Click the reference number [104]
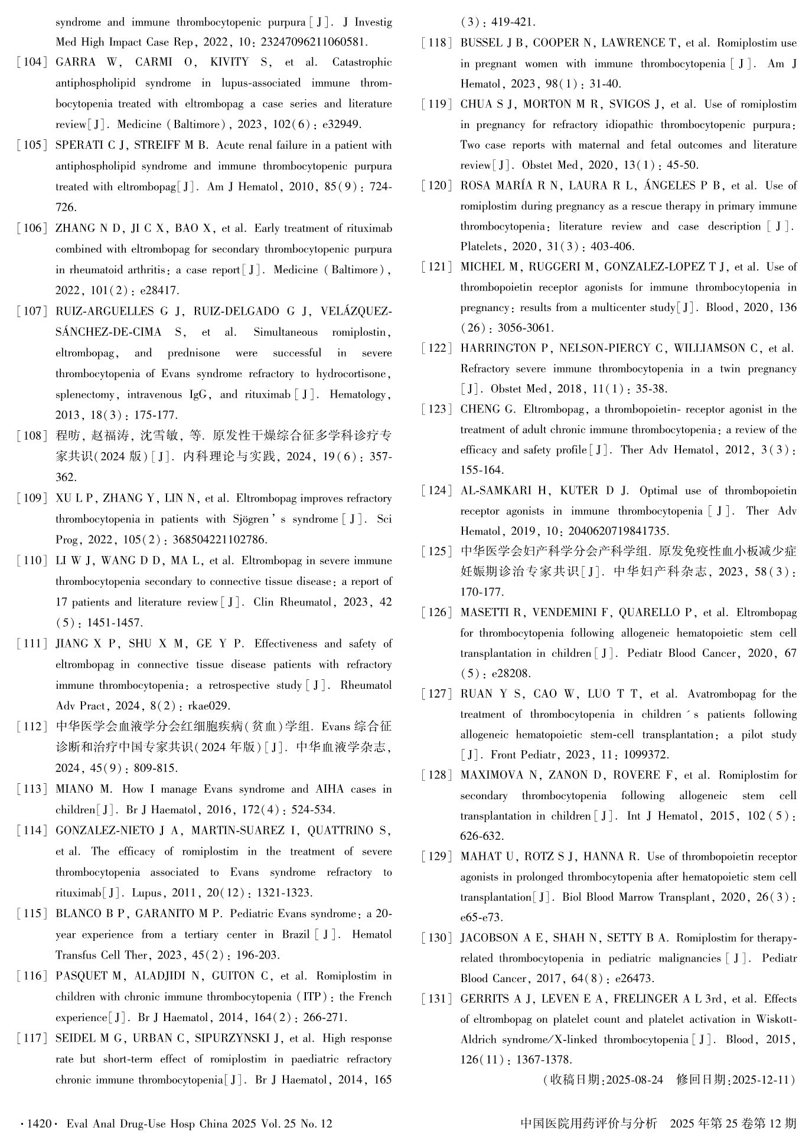pos(32,63)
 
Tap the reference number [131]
pos(437,999)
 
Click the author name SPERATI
pos(79,145)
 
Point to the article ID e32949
pos(340,125)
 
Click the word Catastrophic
pos(362,63)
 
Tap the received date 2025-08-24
pos(634,1081)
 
